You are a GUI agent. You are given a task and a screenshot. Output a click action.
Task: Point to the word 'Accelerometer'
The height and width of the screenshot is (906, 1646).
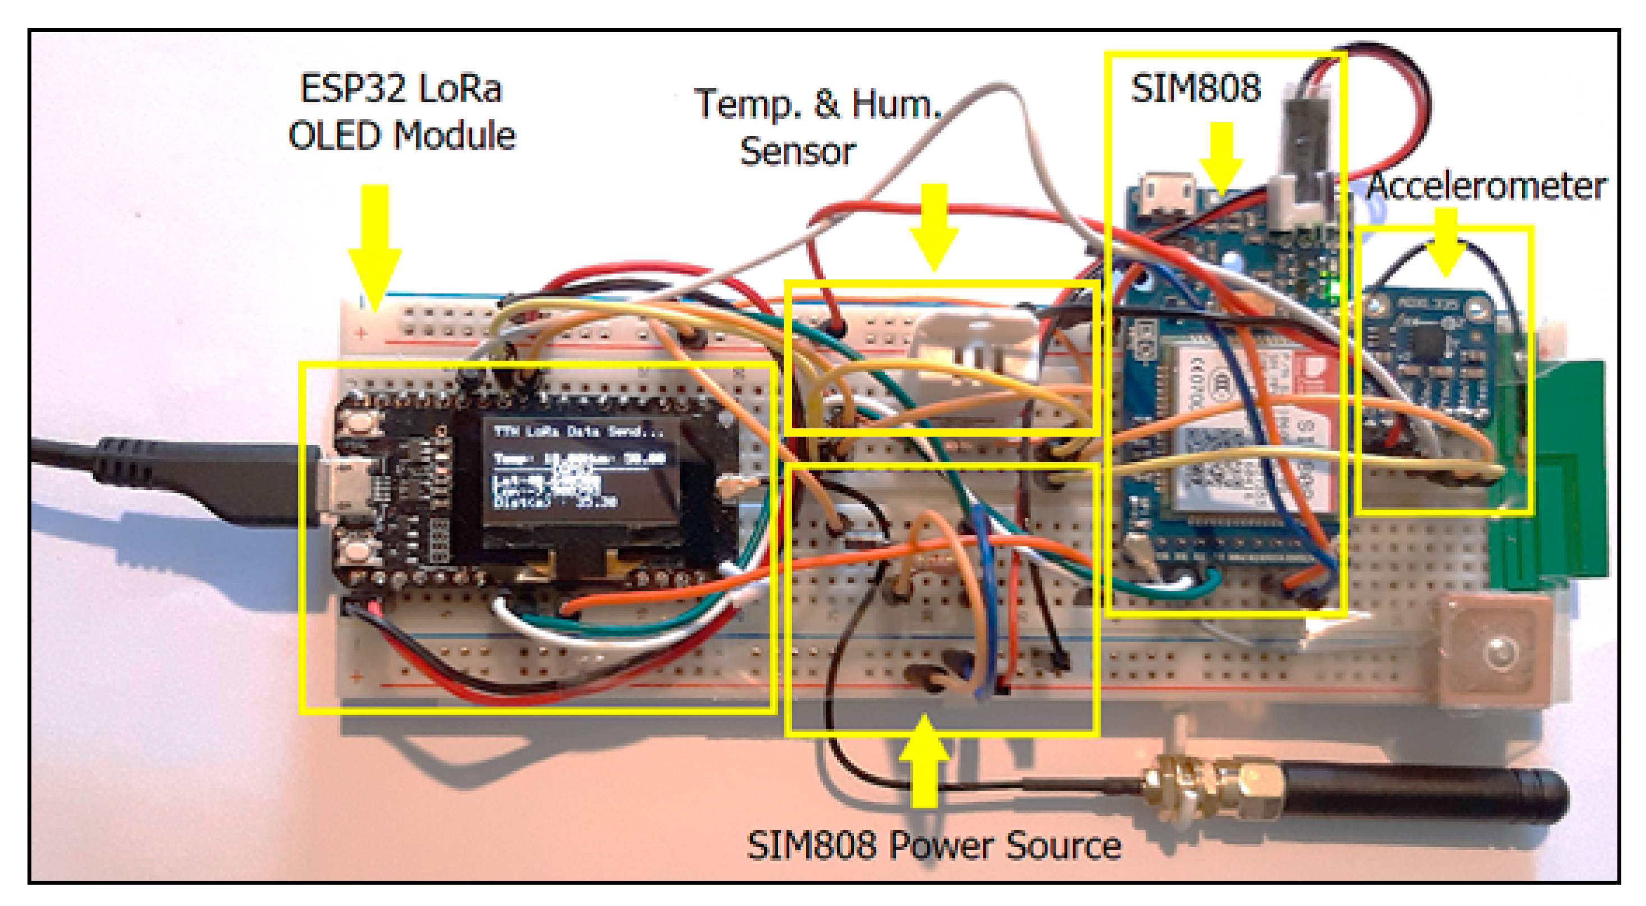[1486, 187]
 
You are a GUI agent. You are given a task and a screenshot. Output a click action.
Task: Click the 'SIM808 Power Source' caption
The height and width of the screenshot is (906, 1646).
[934, 845]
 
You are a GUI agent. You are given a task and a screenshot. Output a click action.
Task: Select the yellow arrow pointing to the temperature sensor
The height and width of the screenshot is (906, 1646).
[934, 227]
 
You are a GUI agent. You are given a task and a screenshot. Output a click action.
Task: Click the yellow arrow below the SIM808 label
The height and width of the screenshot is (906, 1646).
[1221, 157]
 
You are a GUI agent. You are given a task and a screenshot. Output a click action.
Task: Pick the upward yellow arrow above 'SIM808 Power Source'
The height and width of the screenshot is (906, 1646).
[924, 761]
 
